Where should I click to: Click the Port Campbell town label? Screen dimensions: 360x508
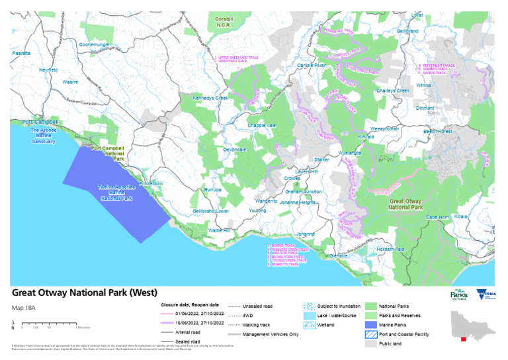pos(40,122)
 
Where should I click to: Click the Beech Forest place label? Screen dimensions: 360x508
pos(438,132)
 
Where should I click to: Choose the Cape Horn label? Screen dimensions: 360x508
pos(437,217)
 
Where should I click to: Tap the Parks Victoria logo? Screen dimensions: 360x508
pos(458,295)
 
